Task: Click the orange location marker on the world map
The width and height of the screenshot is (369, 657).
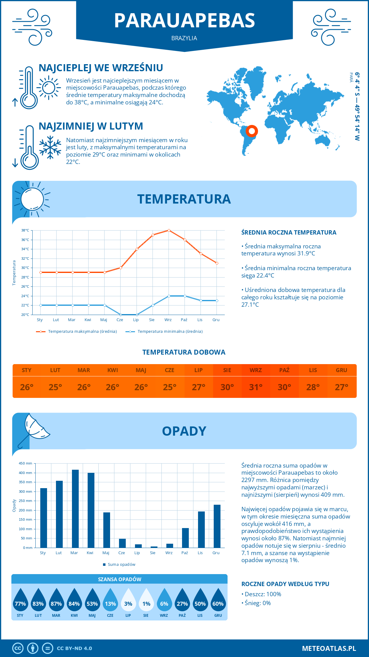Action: coord(252,131)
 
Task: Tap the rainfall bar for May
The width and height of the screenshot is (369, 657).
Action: coord(107,530)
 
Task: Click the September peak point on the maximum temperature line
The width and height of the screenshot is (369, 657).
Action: coord(169,230)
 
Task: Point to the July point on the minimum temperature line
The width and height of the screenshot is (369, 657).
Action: coord(137,315)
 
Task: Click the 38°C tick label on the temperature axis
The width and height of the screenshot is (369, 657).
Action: coord(25,230)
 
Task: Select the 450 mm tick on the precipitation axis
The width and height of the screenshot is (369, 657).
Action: coord(26,463)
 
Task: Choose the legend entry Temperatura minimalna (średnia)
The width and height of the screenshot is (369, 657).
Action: coord(170,332)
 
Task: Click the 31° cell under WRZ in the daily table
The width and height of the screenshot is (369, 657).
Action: coord(256,387)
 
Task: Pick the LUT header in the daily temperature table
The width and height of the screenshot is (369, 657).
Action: coord(55,370)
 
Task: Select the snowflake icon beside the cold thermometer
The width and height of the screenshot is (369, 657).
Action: coord(50,147)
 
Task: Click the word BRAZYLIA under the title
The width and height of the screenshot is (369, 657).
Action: coord(184,38)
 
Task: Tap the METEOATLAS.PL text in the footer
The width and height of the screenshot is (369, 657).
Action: coord(329,648)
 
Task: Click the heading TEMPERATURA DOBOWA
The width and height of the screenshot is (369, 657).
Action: coord(184,352)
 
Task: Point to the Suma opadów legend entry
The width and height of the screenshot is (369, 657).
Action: coord(121,564)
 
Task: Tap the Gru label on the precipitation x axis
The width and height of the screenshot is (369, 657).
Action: coord(216,553)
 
